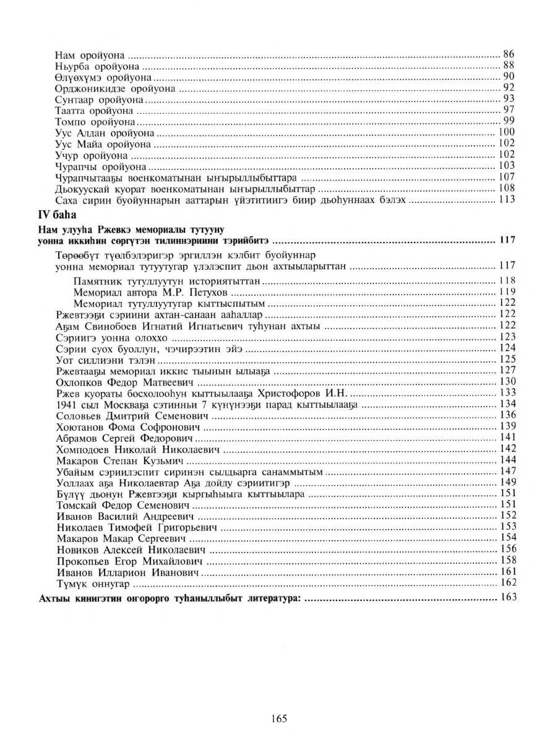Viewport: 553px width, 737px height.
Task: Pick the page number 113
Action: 507,200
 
